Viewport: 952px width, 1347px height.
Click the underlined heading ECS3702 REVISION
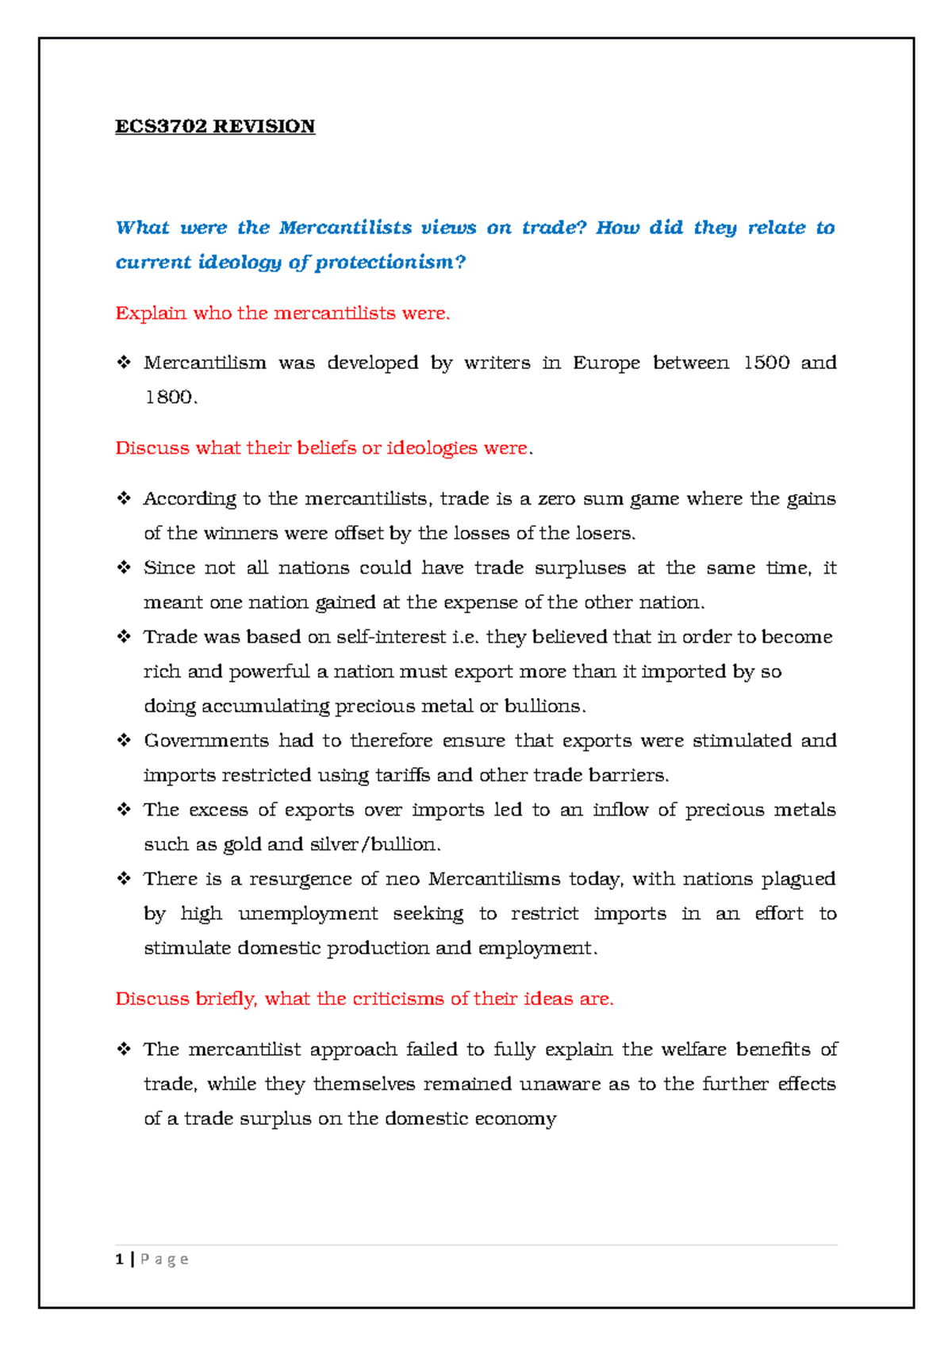point(215,127)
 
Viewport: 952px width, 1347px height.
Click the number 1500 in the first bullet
point(766,363)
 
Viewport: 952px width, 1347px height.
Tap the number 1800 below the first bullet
point(169,397)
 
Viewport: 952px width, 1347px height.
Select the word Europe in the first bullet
point(606,363)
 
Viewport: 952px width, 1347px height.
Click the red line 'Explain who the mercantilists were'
point(282,313)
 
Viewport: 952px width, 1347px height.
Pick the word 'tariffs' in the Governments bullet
point(402,775)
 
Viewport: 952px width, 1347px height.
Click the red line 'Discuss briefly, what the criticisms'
point(364,999)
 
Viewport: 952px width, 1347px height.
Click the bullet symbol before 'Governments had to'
point(124,740)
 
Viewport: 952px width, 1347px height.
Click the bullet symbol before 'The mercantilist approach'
point(124,1049)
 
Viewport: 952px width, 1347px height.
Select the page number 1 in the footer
point(119,1259)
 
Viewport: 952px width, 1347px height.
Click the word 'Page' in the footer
point(164,1259)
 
